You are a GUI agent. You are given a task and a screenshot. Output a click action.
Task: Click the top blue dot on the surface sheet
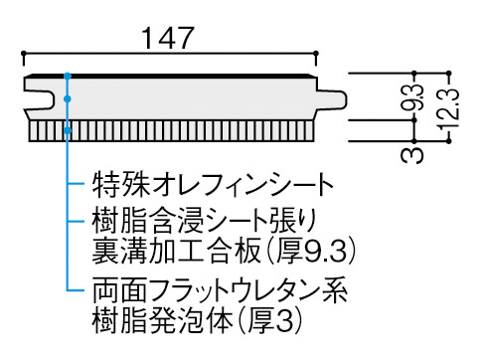[68, 76]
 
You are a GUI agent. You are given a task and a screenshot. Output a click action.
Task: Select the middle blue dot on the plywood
[68, 97]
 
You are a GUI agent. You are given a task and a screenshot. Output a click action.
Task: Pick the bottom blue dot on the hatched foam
[68, 130]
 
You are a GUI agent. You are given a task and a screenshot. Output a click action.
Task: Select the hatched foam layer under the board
[179, 132]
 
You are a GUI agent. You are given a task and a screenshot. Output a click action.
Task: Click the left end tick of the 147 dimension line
[21, 55]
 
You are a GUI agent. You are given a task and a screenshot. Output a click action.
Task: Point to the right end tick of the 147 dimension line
[318, 55]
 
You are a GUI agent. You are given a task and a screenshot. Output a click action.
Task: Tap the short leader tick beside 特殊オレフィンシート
[78, 184]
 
